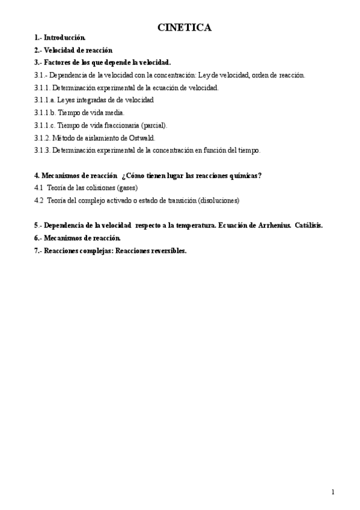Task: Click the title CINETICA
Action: click(185, 28)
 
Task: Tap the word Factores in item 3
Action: click(58, 62)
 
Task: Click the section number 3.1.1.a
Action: click(46, 100)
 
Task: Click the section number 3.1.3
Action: click(43, 150)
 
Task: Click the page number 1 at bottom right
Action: click(333, 492)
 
